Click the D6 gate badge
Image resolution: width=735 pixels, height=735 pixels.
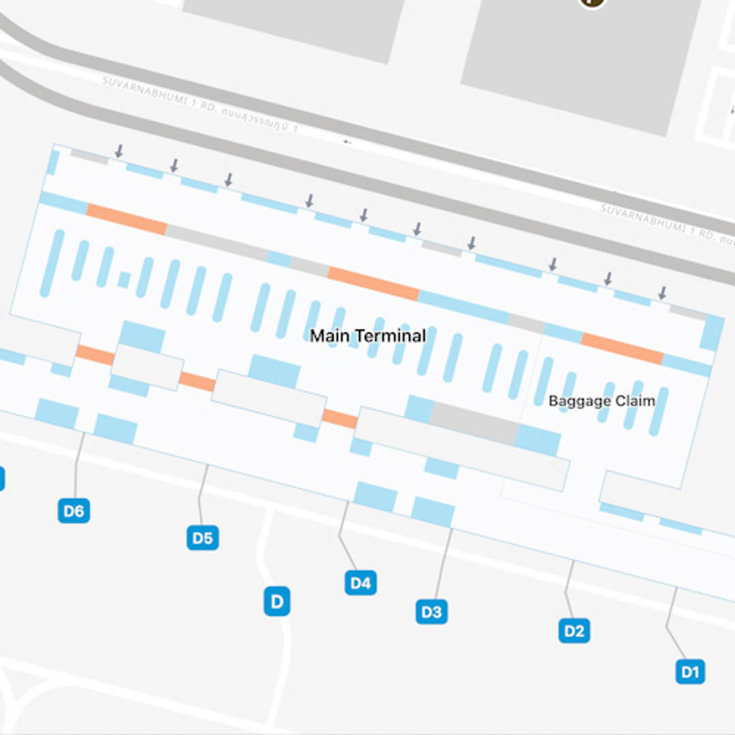pos(73,510)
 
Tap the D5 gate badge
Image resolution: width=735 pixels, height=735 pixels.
pos(202,538)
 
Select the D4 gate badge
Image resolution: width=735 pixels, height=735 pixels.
pos(360,583)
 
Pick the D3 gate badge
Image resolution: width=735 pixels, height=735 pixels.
pos(431,611)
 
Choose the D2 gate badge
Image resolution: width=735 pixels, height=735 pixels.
pos(574,631)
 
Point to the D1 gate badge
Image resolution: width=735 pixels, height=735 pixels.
pos(690,672)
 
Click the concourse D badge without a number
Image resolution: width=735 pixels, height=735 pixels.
pos(277,602)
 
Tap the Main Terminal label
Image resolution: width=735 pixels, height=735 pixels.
pos(367,336)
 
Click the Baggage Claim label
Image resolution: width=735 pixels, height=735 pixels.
pos(602,401)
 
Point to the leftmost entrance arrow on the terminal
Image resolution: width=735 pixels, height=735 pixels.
pos(119,150)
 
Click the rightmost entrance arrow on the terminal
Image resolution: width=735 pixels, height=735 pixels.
pos(662,293)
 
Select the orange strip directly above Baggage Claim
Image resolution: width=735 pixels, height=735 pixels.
pos(621,348)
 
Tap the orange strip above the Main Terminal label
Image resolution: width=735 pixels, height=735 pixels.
pos(373,283)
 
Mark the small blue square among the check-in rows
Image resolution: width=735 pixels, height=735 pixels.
pos(124,280)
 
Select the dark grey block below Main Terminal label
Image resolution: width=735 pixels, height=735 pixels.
pos(474,423)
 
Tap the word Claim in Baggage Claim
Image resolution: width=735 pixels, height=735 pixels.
pos(634,401)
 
